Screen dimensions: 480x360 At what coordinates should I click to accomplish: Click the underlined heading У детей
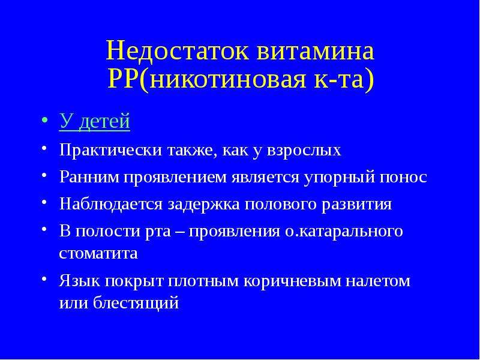click(x=95, y=121)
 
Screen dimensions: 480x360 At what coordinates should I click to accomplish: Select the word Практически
click(x=110, y=151)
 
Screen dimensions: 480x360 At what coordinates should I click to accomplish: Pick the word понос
click(x=403, y=178)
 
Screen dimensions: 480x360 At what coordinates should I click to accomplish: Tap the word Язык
click(x=80, y=281)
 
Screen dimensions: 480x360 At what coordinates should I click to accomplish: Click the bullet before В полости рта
click(x=44, y=229)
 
